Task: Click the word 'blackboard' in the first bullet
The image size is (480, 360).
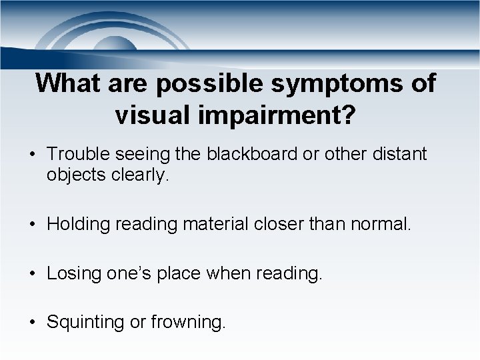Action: [245, 155]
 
